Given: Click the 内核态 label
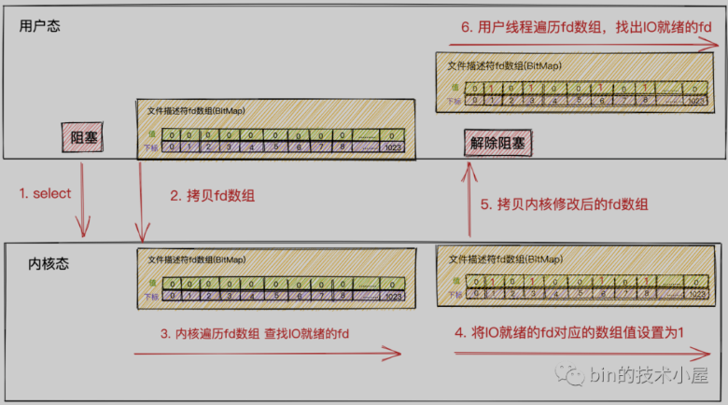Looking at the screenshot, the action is pyautogui.click(x=49, y=265).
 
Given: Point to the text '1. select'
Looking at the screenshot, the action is pyautogui.click(x=45, y=193).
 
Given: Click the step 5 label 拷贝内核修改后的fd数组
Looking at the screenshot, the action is pyautogui.click(x=565, y=204).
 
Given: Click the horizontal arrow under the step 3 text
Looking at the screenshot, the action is pyautogui.click(x=268, y=354).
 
